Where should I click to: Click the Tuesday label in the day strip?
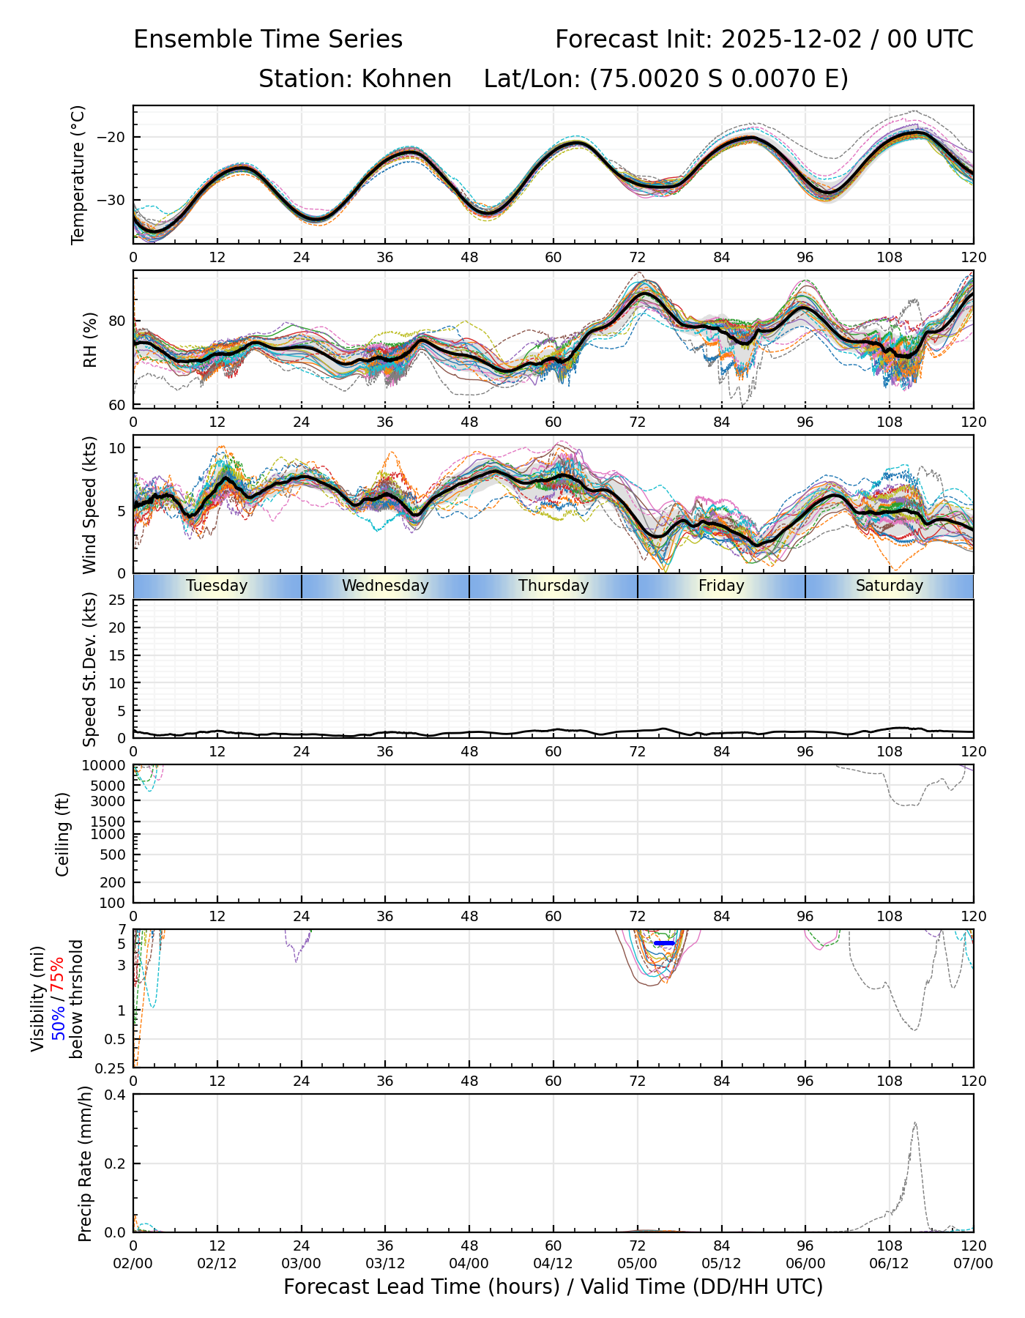tap(217, 586)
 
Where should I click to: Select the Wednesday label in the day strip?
tap(385, 586)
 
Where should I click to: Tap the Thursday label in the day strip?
tap(553, 586)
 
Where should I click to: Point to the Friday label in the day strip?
tap(721, 586)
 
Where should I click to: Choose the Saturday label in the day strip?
tap(890, 586)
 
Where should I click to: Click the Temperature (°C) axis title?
tap(78, 174)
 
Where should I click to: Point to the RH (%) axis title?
tap(90, 339)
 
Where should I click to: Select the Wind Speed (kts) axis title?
tap(90, 505)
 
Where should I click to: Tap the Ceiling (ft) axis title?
tap(63, 834)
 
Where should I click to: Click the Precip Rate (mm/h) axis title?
tap(86, 1164)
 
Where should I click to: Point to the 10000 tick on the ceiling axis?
tap(106, 765)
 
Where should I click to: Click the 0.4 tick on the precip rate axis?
tap(116, 1095)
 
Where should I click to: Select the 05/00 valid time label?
tap(638, 1264)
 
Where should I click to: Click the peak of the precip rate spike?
tap(915, 1123)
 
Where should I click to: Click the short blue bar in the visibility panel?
tap(664, 943)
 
